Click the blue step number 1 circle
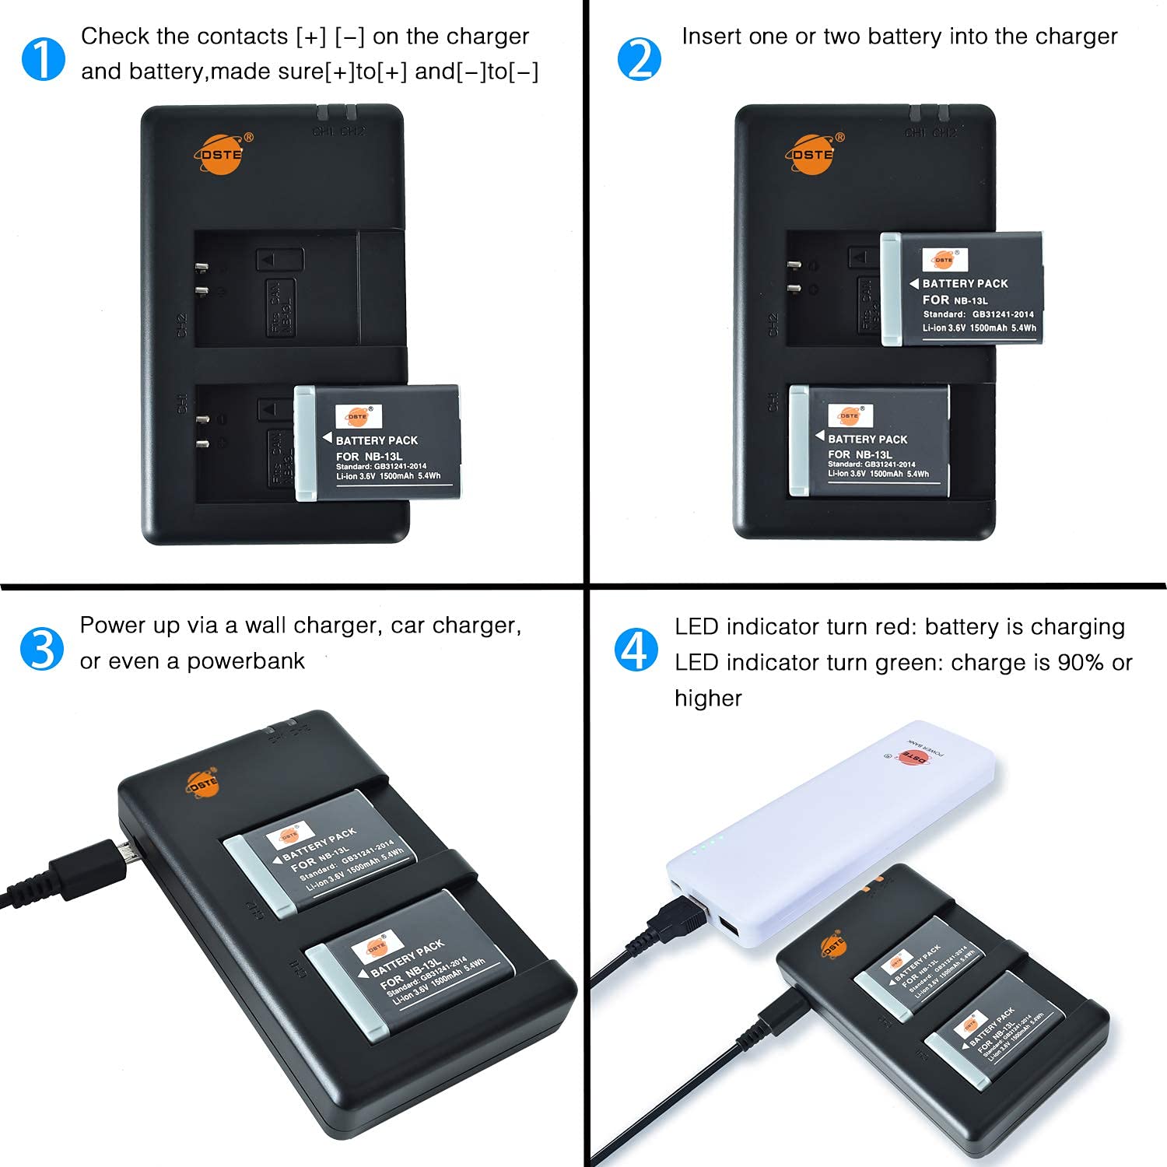[x=44, y=59]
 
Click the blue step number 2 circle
[x=639, y=59]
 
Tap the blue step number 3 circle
[x=42, y=649]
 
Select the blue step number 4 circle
[x=636, y=650]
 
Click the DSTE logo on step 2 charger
[x=814, y=153]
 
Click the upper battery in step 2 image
[x=962, y=289]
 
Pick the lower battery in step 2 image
[x=870, y=440]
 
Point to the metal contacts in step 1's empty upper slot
[x=202, y=279]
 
